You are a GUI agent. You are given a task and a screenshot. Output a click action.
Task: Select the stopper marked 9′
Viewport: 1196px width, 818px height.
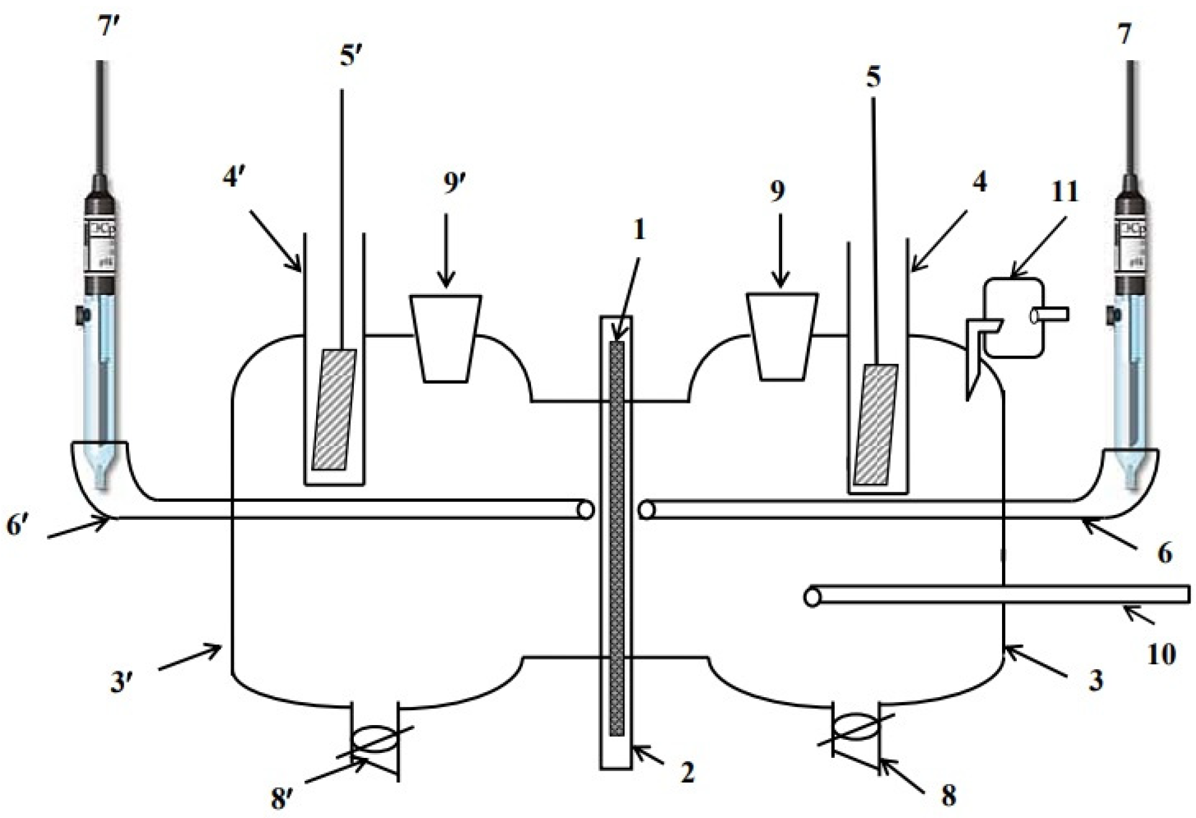(446, 338)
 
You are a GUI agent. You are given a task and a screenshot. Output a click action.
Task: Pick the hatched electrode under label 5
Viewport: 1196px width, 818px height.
(876, 424)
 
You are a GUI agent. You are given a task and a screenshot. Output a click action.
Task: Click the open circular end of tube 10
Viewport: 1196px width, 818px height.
(812, 597)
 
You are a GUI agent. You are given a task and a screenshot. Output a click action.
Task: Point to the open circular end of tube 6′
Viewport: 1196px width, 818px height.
(585, 510)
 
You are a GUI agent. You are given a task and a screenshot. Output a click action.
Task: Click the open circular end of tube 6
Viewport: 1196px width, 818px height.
(646, 511)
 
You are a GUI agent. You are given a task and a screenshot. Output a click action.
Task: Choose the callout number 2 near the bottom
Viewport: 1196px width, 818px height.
(687, 772)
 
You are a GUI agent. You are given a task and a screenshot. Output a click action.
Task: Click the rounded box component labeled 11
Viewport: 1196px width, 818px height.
(1013, 319)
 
